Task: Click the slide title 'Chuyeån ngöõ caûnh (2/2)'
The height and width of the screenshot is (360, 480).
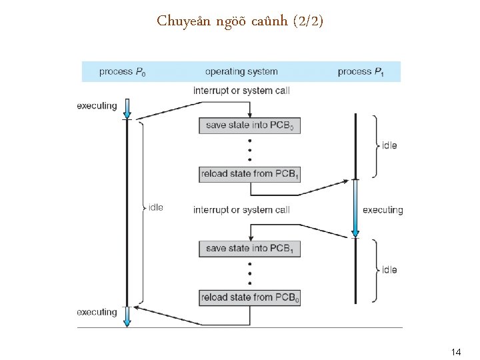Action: click(x=240, y=21)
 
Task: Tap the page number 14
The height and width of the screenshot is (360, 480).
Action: click(x=456, y=351)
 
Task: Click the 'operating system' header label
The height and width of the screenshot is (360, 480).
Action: click(x=241, y=71)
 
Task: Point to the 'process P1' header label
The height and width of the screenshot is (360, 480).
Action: click(x=361, y=71)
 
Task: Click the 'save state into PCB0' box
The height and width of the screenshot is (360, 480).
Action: click(x=249, y=125)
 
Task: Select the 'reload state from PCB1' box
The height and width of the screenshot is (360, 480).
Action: click(x=249, y=174)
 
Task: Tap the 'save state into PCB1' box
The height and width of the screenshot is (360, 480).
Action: click(x=249, y=249)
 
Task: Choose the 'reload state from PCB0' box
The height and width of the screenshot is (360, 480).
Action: click(x=249, y=297)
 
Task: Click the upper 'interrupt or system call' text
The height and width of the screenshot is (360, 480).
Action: click(x=241, y=90)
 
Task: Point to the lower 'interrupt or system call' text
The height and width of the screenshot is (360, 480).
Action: click(x=241, y=210)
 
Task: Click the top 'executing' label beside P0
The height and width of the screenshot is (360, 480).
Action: click(x=97, y=105)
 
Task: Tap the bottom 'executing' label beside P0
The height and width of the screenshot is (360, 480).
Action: click(x=97, y=312)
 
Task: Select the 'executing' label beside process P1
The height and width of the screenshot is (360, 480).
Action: click(x=383, y=210)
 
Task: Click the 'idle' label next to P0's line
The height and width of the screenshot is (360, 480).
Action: click(x=155, y=207)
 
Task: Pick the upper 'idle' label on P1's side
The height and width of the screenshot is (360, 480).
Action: click(x=389, y=145)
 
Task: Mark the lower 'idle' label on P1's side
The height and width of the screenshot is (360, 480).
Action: click(x=389, y=270)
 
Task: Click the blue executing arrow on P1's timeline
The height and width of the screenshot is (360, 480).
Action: click(x=355, y=208)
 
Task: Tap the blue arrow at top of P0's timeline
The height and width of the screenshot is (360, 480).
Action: click(x=127, y=108)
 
